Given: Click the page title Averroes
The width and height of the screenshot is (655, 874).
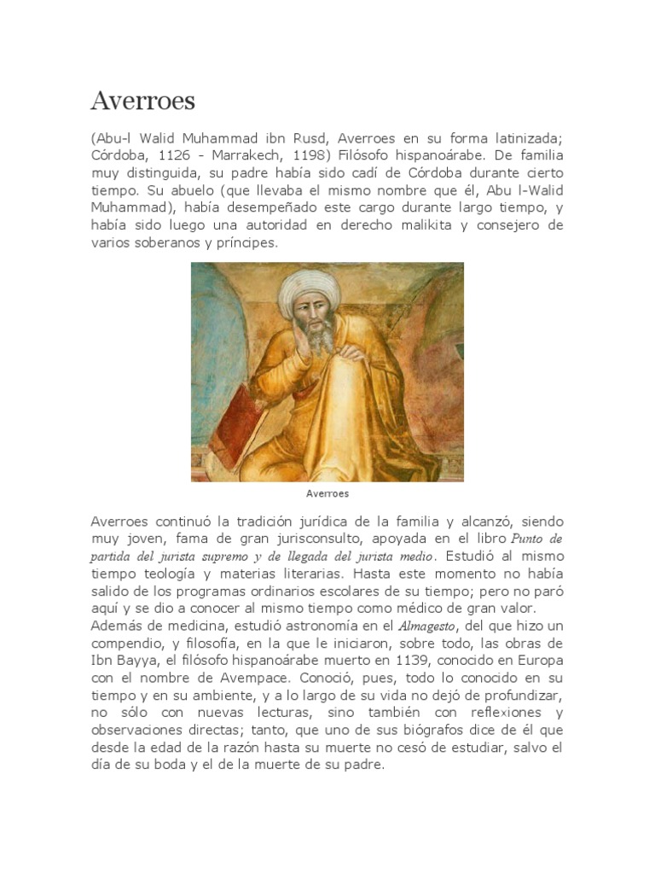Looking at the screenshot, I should [142, 102].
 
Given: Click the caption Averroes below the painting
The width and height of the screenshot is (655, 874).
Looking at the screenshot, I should [327, 493].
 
